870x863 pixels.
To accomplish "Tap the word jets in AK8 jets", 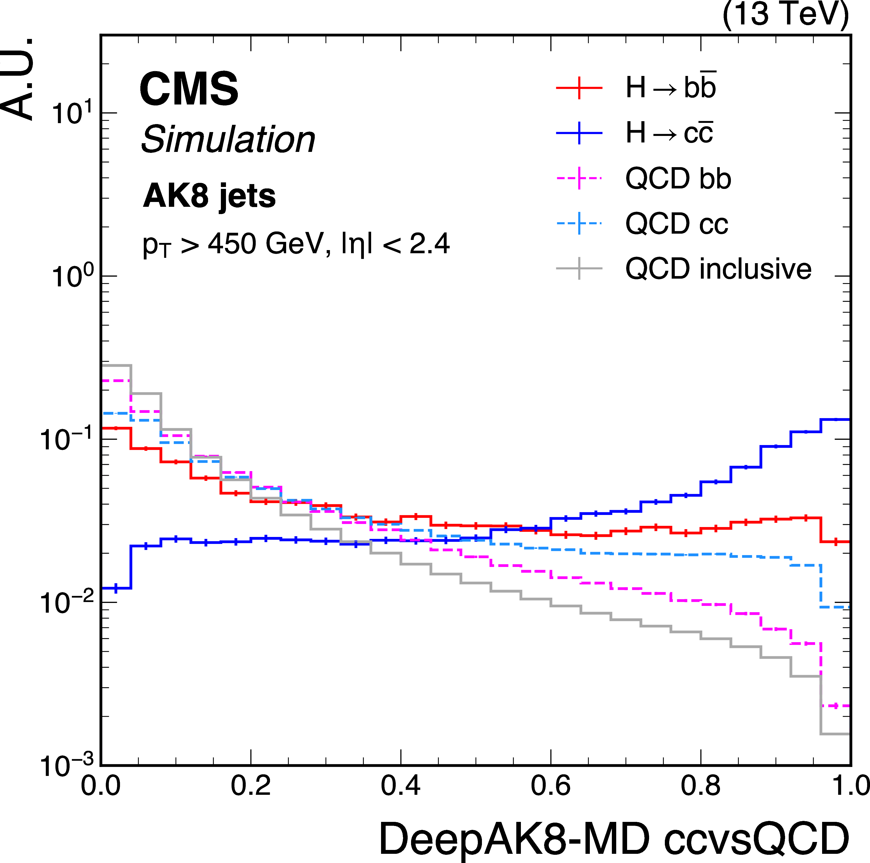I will click(x=247, y=197).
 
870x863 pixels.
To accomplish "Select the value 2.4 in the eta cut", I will click(x=429, y=244).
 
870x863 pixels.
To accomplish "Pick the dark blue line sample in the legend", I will click(x=579, y=133).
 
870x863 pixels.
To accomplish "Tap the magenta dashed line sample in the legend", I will click(x=579, y=178).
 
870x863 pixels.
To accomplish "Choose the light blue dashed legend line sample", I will click(x=579, y=223).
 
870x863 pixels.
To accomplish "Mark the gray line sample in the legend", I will click(x=579, y=269).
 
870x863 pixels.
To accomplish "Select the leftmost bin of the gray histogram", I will click(x=116, y=365).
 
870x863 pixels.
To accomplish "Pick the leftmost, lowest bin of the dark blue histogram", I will click(x=116, y=588).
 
